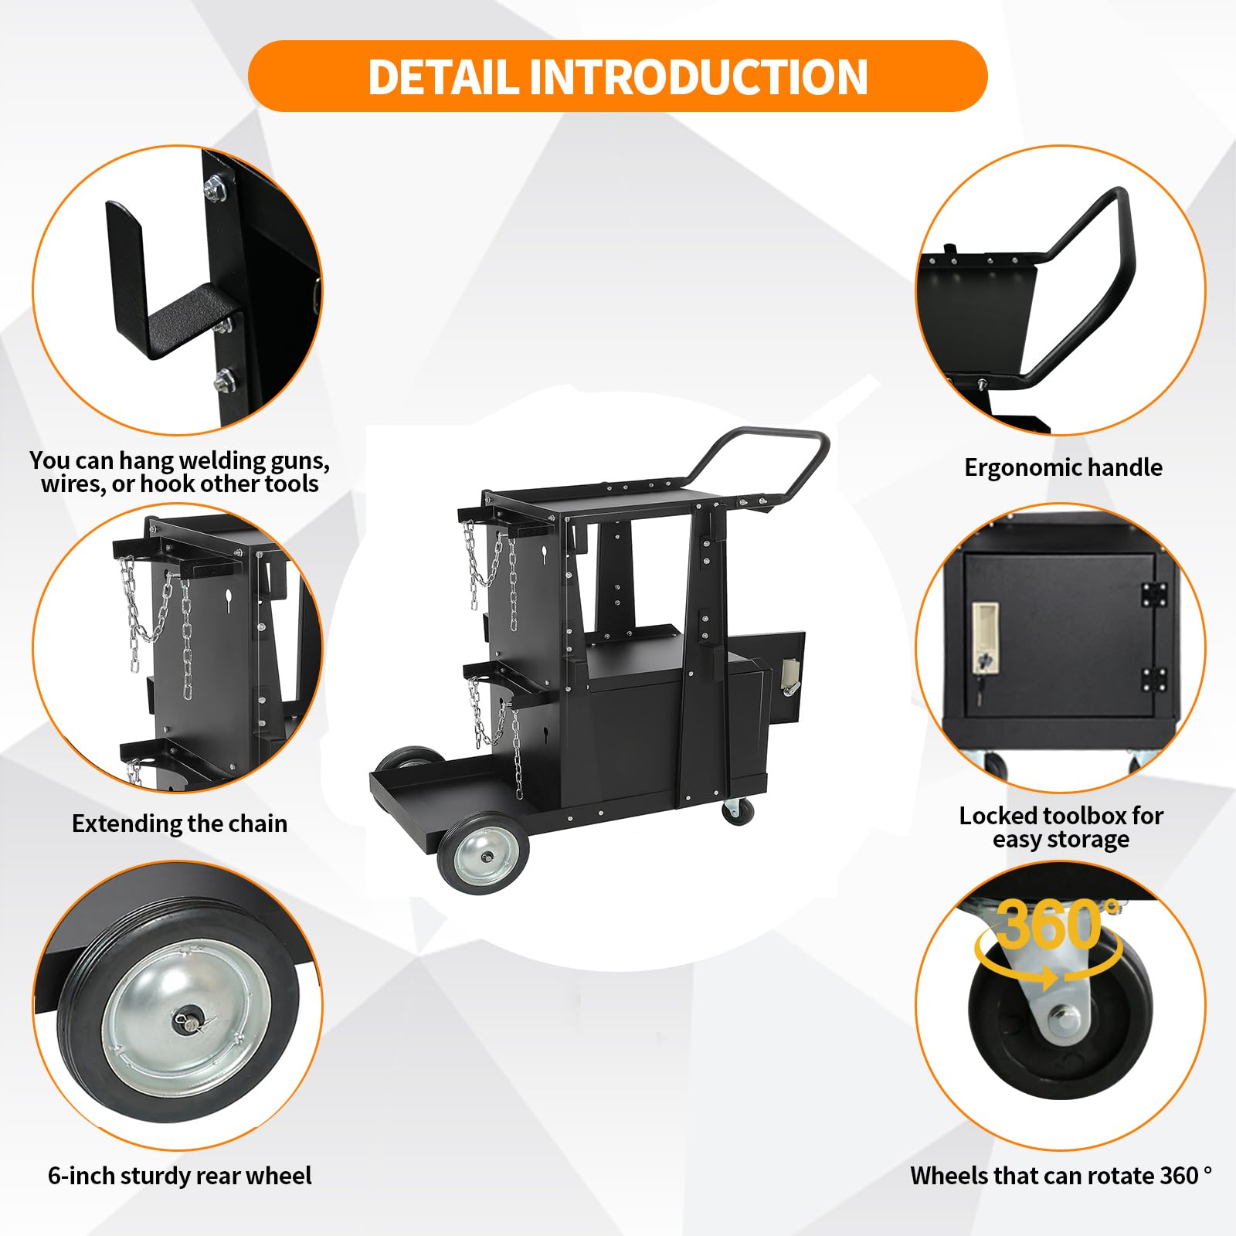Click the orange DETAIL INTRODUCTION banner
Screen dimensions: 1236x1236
[x=617, y=76]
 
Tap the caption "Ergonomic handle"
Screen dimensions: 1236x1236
[x=1063, y=467]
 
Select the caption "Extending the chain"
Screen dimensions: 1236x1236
[x=179, y=823]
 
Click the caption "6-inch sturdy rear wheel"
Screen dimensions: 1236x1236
[x=179, y=1176]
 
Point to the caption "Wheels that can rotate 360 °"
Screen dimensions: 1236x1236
[x=1061, y=1176]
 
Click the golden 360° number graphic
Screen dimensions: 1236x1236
[x=1051, y=925]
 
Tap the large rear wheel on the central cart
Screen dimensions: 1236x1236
[x=484, y=854]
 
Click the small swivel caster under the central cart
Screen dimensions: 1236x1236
[x=737, y=811]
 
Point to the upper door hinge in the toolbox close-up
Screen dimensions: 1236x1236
[x=1153, y=594]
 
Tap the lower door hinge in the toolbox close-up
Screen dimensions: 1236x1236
[x=1153, y=680]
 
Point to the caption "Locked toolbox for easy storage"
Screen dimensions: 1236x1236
[x=1061, y=827]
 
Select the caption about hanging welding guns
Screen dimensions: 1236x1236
[x=179, y=472]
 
